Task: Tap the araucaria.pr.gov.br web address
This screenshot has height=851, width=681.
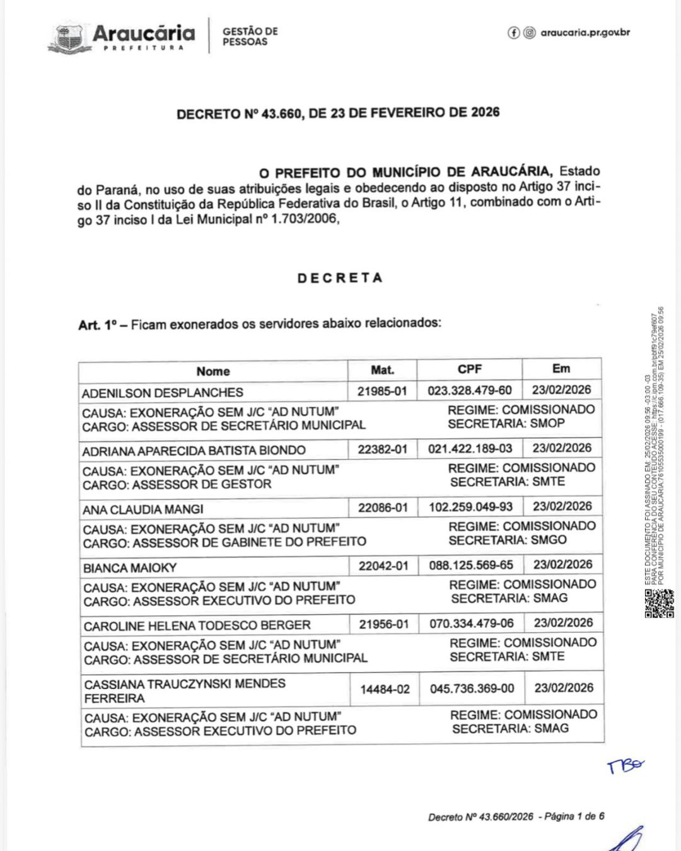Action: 585,33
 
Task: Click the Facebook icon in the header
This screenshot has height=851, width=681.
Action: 514,33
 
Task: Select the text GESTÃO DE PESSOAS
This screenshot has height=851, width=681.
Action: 250,37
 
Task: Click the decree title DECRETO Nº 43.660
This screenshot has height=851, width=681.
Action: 338,113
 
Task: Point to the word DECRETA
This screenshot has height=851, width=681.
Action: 340,278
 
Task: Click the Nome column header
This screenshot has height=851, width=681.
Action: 212,371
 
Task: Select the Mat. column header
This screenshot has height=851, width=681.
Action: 382,370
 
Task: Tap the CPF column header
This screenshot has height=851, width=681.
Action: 470,369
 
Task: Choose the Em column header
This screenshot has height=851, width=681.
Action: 561,369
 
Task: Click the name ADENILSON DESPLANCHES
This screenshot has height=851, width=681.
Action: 162,393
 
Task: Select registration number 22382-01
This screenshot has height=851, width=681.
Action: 383,449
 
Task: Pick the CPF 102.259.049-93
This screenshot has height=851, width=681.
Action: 471,507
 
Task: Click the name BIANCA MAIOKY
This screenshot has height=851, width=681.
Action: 130,568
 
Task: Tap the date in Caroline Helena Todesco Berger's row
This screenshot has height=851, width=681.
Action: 563,623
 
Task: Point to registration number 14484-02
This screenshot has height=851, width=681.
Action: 385,690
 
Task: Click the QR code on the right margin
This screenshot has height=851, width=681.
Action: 659,604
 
